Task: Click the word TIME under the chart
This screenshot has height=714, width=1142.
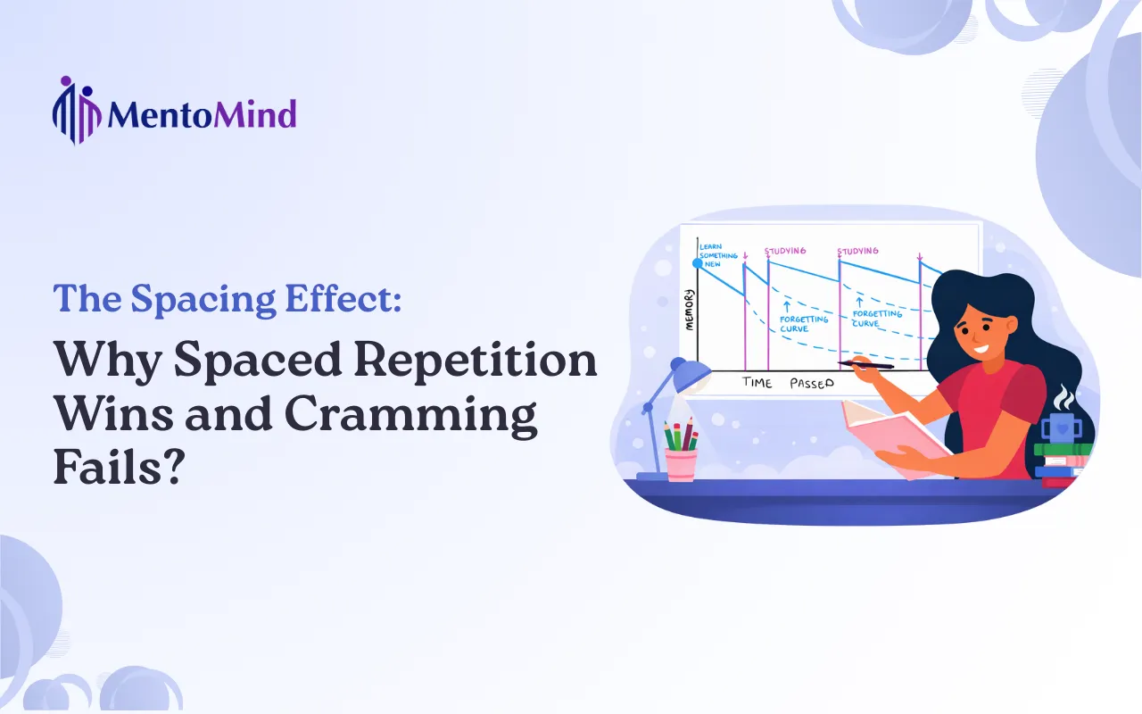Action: tap(757, 383)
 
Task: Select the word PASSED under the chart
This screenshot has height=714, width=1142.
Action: tap(810, 383)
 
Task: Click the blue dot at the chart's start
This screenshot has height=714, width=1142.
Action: tap(699, 263)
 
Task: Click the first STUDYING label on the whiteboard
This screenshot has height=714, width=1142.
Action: tap(785, 251)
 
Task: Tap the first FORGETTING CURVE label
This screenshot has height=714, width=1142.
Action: tap(803, 322)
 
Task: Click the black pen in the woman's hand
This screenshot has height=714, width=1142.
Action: tap(865, 364)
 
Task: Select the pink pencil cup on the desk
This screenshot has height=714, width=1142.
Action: tap(681, 464)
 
